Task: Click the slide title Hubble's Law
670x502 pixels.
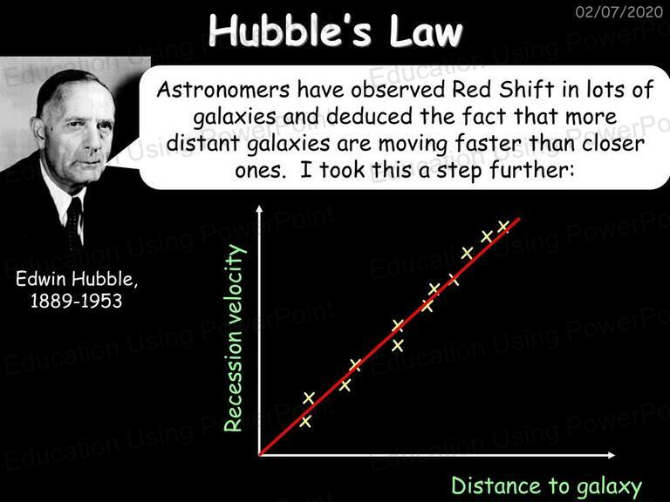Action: click(336, 31)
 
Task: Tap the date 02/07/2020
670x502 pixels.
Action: click(619, 11)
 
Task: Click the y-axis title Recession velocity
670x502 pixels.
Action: click(235, 337)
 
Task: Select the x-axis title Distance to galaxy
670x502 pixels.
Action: click(547, 486)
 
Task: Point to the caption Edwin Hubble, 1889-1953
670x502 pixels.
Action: click(77, 290)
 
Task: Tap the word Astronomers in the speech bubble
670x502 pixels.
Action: click(223, 90)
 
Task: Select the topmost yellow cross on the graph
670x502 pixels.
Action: click(502, 226)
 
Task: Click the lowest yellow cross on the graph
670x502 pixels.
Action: click(305, 421)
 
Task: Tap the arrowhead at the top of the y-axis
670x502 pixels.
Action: click(259, 209)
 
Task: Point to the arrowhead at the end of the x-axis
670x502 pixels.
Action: click(612, 455)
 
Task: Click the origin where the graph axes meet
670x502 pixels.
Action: click(259, 455)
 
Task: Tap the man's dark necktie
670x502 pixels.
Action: click(74, 223)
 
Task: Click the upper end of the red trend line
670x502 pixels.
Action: click(520, 219)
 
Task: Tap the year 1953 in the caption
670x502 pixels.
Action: click(103, 301)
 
